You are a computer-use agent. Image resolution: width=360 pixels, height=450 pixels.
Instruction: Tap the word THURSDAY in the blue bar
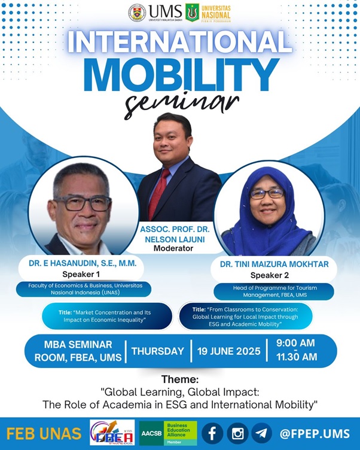157,351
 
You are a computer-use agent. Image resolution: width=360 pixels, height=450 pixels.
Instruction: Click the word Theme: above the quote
179,380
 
